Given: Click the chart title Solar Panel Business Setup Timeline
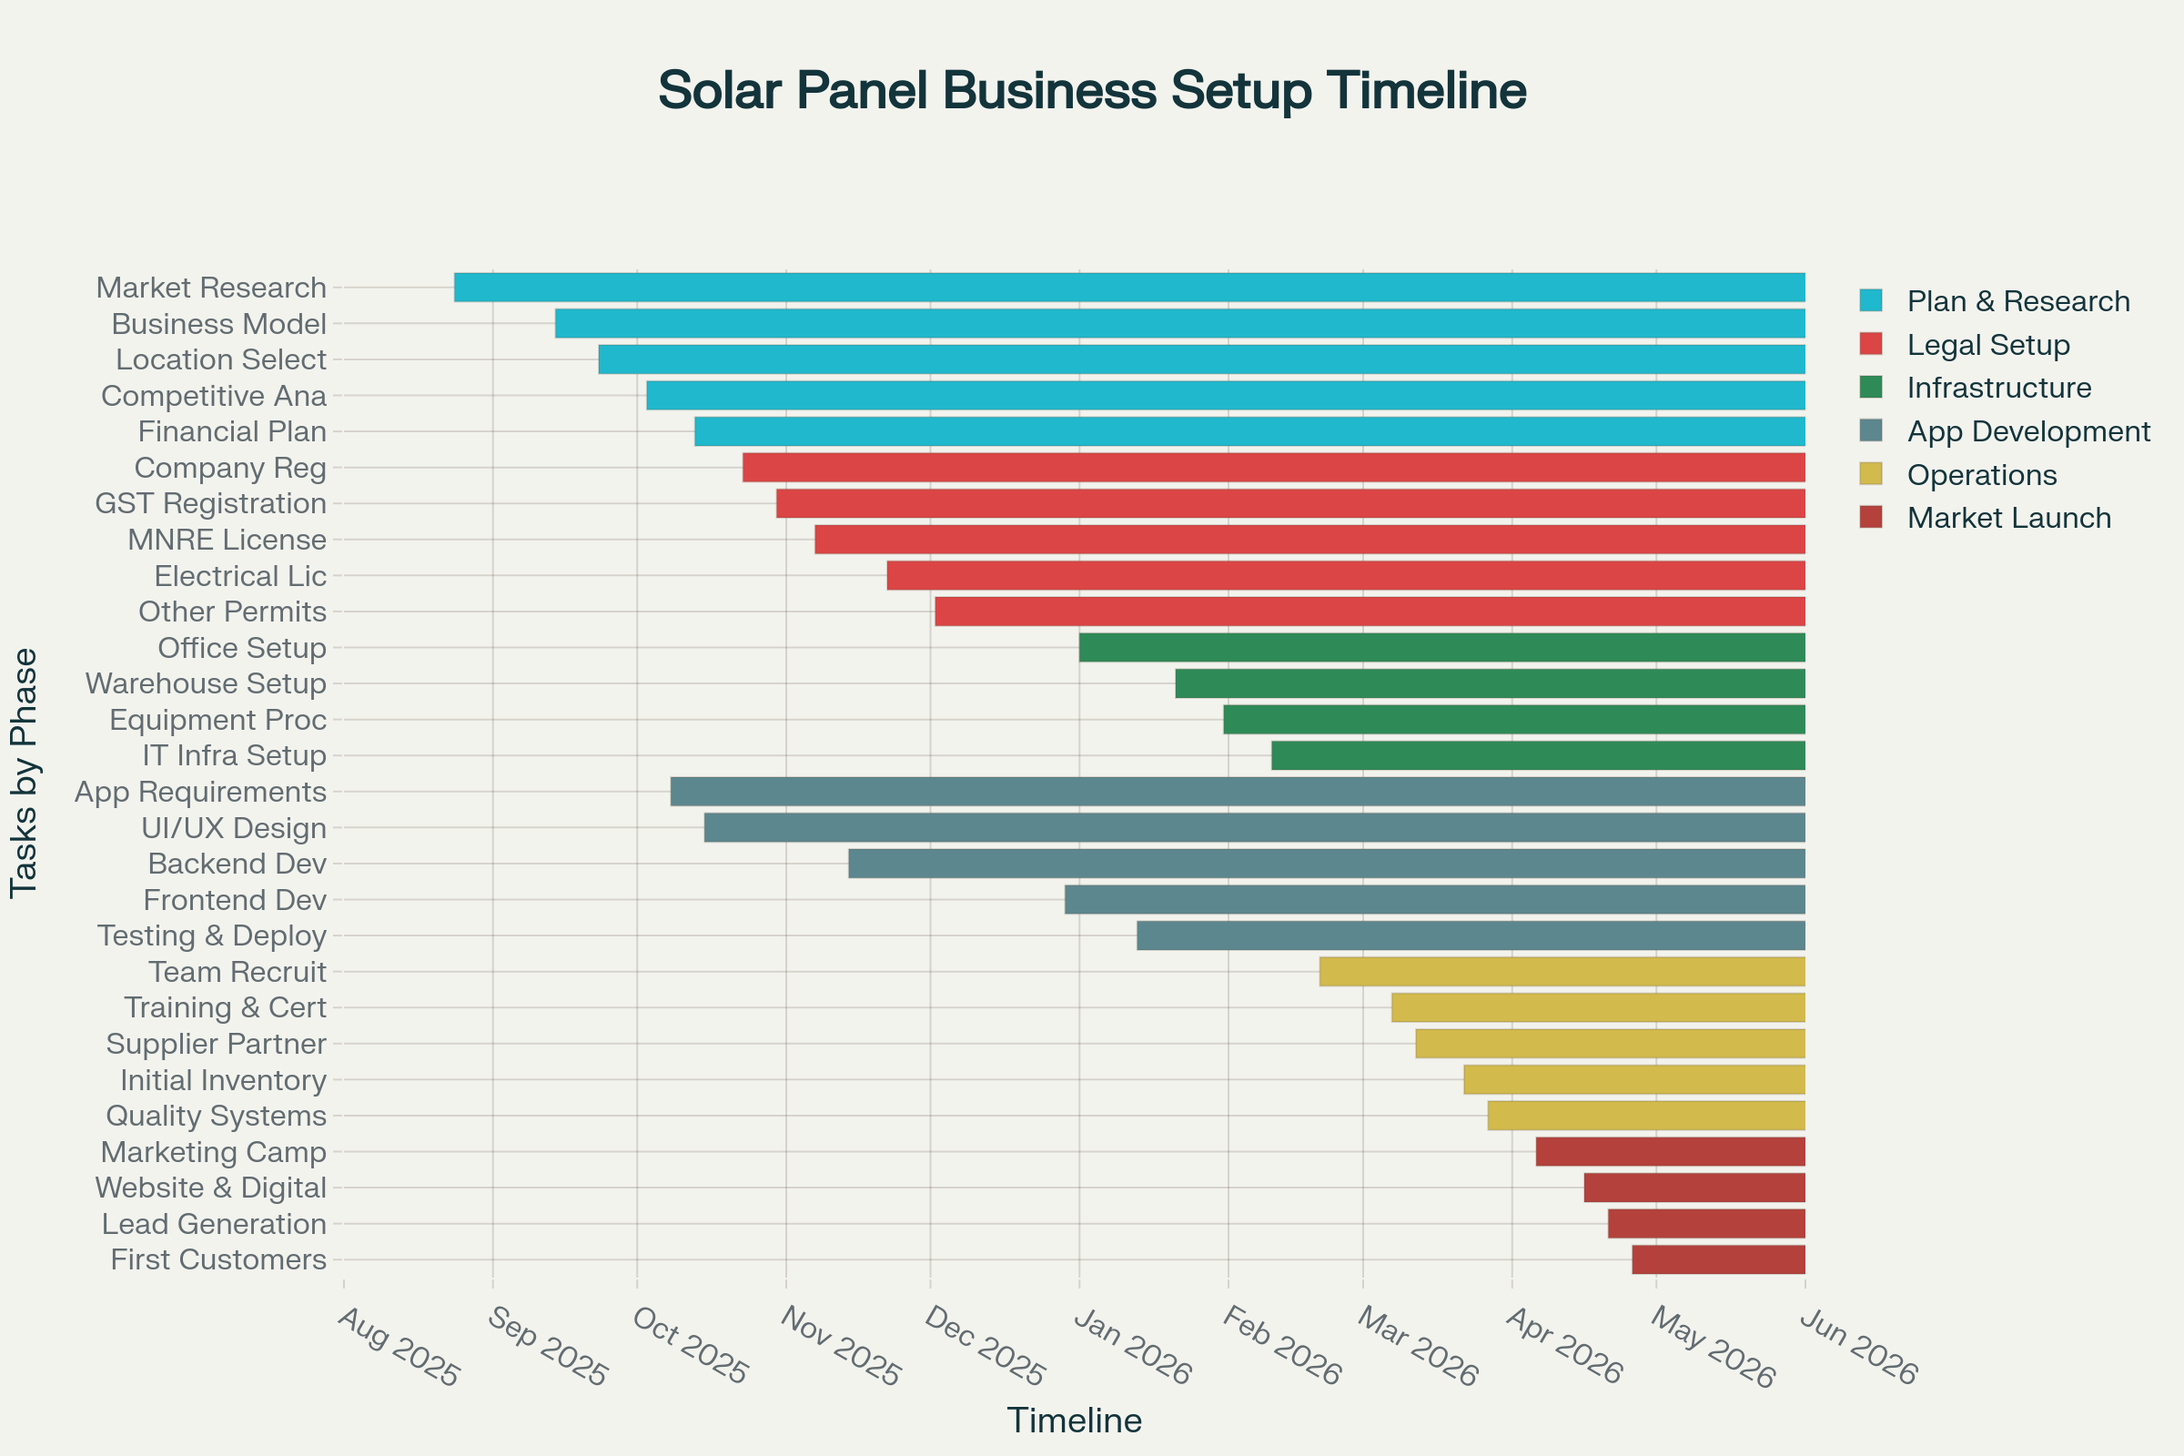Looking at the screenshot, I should (x=1092, y=91).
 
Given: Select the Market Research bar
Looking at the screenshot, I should (x=1129, y=288).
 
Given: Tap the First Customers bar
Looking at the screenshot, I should (x=1718, y=1260).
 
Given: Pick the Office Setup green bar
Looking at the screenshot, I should (x=1441, y=648).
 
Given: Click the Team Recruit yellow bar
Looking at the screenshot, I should (x=1562, y=972).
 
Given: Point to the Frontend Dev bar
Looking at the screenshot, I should (x=1435, y=900).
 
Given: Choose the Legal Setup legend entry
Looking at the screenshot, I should (x=1987, y=345).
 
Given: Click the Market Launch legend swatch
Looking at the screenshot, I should (x=1871, y=517).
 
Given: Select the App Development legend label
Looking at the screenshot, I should (x=2028, y=431).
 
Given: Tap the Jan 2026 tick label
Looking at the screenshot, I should (x=1131, y=1347).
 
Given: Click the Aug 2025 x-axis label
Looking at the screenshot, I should (x=399, y=1347).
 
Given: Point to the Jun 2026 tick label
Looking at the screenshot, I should (x=1858, y=1347).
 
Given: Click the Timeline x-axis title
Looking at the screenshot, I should (x=1075, y=1421).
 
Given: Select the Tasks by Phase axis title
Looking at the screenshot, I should (x=25, y=773).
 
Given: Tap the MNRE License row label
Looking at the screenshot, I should (x=227, y=541).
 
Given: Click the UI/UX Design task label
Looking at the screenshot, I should (x=233, y=828).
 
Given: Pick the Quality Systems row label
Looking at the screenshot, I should (x=216, y=1117).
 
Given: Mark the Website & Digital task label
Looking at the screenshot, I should (x=210, y=1188).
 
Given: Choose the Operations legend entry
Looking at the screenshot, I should (x=1982, y=474).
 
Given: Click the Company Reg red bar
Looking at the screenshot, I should (x=1273, y=468).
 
